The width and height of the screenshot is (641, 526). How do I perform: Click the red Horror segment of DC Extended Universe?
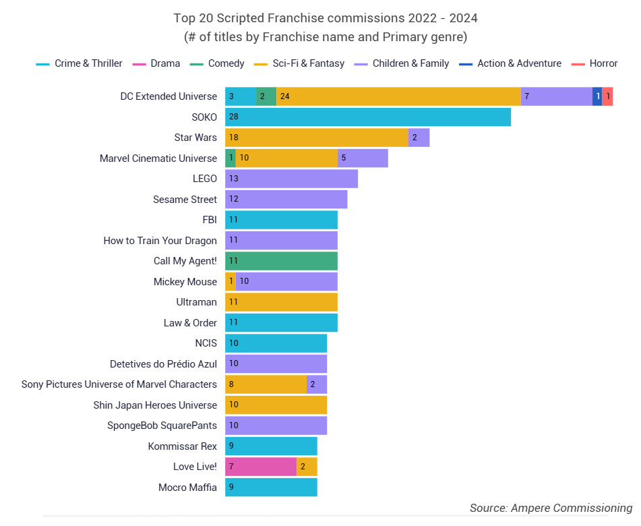point(607,96)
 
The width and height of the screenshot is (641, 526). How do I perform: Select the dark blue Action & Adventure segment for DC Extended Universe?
point(597,96)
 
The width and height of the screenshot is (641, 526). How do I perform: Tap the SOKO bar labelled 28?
point(367,117)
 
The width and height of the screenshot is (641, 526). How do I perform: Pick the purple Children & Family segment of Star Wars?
point(419,138)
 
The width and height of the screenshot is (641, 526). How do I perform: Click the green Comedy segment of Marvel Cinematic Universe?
point(230,158)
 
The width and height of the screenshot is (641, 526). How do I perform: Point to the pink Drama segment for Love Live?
point(261,467)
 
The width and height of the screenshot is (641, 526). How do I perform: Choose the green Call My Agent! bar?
point(281,261)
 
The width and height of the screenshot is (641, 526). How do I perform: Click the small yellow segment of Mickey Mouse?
point(230,281)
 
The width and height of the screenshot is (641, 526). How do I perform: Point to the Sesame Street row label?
point(185,200)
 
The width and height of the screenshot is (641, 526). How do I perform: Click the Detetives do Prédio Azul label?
point(163,364)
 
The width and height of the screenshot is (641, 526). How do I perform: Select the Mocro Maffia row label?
point(187,487)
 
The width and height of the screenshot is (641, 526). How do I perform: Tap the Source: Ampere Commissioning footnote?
point(551,508)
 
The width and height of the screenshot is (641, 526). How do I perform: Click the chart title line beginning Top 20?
point(326,18)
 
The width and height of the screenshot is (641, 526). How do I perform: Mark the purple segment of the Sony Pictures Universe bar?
point(317,384)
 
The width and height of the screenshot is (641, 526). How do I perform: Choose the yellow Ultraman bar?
point(281,302)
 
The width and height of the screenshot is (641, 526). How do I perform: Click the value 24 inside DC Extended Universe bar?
point(284,96)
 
